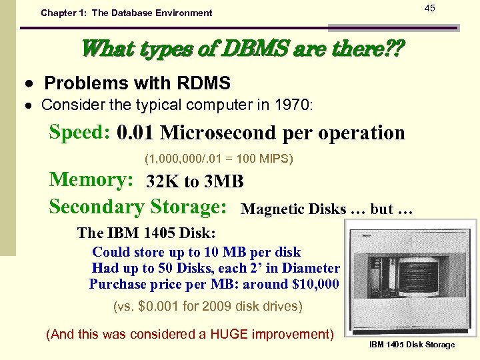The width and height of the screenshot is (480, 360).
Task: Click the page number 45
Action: (429, 8)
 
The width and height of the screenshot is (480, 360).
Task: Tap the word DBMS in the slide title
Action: (240, 48)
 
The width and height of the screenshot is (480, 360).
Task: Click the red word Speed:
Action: (79, 132)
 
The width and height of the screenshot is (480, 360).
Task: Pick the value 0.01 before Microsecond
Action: (136, 133)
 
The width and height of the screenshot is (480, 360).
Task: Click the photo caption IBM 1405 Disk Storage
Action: (411, 345)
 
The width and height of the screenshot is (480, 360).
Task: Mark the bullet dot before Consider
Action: (31, 105)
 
